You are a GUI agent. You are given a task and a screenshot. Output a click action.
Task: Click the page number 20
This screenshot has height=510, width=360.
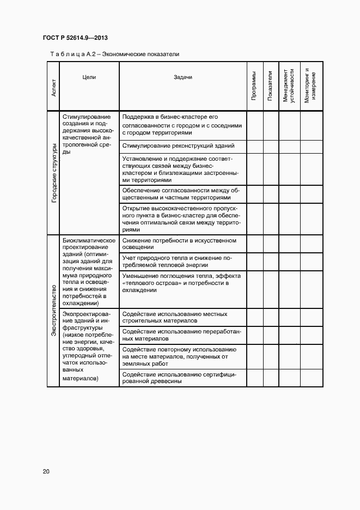(46, 471)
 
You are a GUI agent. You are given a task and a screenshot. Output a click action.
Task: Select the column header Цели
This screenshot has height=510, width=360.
(89, 77)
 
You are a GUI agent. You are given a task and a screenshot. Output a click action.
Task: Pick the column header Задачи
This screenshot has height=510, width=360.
(183, 77)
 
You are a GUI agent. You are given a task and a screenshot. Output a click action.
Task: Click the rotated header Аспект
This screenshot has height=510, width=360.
(53, 87)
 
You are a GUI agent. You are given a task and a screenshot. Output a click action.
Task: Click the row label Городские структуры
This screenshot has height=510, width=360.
(53, 173)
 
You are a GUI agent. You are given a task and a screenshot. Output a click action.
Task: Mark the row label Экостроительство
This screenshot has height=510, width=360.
(53, 311)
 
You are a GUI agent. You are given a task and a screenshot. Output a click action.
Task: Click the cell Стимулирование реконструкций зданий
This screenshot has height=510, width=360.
(179, 147)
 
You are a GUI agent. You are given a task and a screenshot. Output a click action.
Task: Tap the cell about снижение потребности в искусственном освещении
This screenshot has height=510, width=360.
(180, 244)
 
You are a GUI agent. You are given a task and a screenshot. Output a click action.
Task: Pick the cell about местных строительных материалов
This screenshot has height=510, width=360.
(175, 318)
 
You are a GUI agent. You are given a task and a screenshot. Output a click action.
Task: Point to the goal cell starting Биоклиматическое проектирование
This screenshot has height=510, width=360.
(89, 272)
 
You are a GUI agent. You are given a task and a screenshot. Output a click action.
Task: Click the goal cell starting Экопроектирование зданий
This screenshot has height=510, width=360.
(89, 346)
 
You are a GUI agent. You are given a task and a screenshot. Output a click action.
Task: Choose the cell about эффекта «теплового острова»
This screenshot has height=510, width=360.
(182, 283)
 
